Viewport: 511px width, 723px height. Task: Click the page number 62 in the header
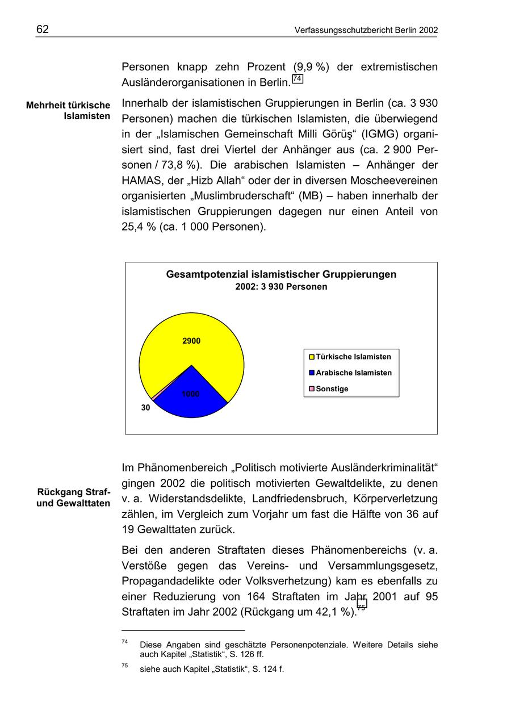point(43,30)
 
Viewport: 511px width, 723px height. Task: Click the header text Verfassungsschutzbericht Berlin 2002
point(366,30)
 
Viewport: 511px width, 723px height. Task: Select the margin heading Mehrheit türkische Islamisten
point(68,111)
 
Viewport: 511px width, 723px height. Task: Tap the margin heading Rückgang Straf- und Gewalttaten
point(73,498)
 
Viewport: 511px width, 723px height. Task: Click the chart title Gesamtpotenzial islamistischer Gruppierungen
point(281,274)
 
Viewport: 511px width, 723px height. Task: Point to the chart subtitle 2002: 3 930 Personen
point(281,287)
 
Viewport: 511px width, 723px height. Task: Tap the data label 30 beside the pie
point(146,408)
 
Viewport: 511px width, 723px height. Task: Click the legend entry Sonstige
point(332,389)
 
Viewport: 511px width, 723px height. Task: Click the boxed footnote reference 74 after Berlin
point(298,79)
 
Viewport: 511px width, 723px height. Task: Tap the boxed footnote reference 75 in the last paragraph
point(362,606)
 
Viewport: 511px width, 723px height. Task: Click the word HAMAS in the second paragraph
point(141,181)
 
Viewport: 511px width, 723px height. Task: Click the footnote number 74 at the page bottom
point(124,642)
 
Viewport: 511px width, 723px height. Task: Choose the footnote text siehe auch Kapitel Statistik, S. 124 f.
point(212,669)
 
